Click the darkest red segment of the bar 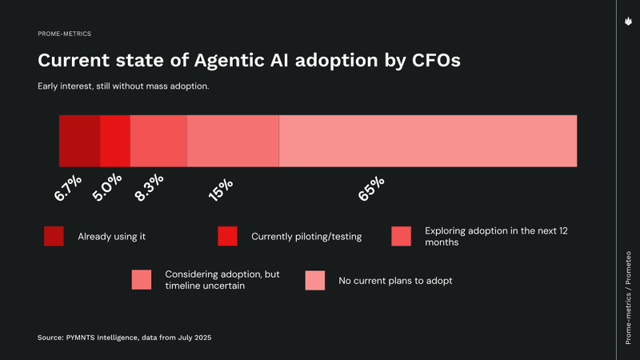point(79,141)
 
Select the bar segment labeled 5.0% point(114,141)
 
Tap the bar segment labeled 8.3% point(158,141)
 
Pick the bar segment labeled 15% point(233,141)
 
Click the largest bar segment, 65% point(428,141)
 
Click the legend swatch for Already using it point(54,236)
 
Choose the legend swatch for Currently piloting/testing point(227,236)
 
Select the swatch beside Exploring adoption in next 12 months point(401,236)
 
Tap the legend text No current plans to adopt point(395,280)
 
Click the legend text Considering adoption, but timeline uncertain point(222,280)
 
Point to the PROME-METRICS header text point(64,34)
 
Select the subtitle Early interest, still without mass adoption point(123,86)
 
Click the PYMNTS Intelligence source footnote point(124,338)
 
